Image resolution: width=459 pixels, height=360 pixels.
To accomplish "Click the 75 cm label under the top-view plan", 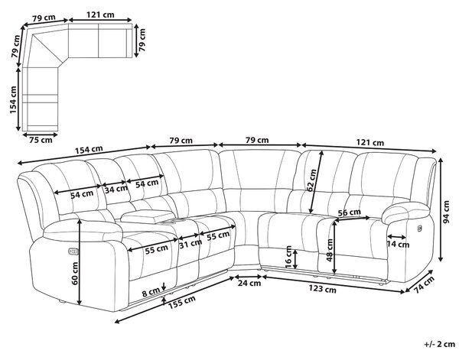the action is click(41, 140).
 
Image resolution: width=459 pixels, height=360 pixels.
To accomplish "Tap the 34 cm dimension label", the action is click(116, 190).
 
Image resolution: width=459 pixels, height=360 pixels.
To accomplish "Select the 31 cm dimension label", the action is click(190, 244).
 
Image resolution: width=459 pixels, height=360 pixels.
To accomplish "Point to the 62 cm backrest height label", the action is click(312, 180).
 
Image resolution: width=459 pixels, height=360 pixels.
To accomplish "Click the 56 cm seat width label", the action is click(349, 212).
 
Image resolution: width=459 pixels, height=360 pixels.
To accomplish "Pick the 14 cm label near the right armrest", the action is click(398, 244).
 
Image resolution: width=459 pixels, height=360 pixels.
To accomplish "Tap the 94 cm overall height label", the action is click(446, 212).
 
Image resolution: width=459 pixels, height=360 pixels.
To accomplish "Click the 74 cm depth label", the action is click(424, 285).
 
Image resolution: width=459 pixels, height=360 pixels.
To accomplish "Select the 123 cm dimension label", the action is click(322, 289).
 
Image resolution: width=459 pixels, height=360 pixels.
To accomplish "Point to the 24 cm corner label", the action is click(249, 283).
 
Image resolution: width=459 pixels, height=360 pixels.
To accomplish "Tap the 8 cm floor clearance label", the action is click(151, 292).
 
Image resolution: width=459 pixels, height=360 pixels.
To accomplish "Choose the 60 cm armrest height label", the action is click(74, 274).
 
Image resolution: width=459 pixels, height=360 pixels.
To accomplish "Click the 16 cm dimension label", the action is click(288, 257).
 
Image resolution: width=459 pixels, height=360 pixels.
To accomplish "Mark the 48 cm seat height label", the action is click(330, 250).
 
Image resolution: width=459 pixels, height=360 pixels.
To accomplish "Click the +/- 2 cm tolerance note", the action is click(439, 344).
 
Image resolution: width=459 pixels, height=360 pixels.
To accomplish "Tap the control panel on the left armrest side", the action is click(73, 251).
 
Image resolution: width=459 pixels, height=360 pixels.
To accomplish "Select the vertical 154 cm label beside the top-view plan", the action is click(14, 100).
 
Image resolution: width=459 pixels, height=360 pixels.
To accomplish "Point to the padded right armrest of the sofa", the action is click(406, 212).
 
